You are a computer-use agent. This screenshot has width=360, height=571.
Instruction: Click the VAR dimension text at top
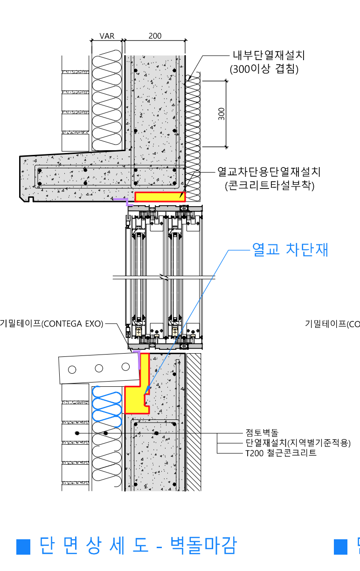(x=107, y=36)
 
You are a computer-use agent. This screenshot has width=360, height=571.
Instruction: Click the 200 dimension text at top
(x=155, y=36)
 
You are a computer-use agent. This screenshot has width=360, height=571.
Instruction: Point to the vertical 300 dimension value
(x=222, y=114)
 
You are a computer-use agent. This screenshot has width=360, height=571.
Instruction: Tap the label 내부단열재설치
(x=269, y=56)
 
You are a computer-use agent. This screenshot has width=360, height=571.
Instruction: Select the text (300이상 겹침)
(x=264, y=69)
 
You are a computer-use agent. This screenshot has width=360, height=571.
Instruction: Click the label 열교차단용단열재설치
(x=269, y=172)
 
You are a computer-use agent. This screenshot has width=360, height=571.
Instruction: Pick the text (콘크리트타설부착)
(x=270, y=185)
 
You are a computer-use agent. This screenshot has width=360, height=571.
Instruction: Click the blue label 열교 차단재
(x=290, y=250)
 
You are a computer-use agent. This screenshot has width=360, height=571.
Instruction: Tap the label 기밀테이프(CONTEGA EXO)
(x=51, y=323)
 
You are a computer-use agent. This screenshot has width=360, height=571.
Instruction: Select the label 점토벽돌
(x=262, y=433)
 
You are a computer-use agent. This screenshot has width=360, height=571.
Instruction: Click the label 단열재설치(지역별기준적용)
(x=298, y=443)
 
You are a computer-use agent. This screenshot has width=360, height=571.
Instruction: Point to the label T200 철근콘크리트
(x=281, y=453)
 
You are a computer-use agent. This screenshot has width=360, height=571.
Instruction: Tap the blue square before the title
(x=23, y=546)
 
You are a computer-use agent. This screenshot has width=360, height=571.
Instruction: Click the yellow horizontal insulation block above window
(x=159, y=197)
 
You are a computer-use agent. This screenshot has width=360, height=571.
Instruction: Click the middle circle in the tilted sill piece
(x=99, y=368)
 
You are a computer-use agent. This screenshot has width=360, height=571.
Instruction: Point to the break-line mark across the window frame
(x=165, y=277)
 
